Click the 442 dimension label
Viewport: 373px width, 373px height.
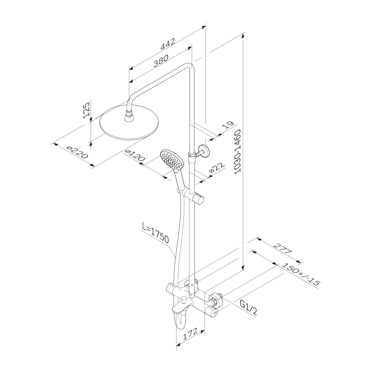(168, 44)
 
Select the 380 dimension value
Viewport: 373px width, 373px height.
(160, 61)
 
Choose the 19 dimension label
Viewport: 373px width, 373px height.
(227, 125)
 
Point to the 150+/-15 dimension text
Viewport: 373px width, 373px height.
(300, 274)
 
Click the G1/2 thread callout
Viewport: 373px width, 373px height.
(248, 307)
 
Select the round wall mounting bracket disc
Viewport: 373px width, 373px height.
(204, 151)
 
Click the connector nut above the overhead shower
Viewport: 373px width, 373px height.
(129, 117)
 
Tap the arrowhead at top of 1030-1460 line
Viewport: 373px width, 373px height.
(243, 36)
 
